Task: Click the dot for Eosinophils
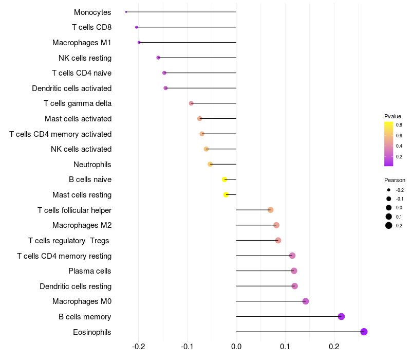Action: [x=364, y=332]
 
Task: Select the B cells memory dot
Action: [x=341, y=316]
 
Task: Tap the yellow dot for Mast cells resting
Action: [x=226, y=194]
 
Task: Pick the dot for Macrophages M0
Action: [x=306, y=301]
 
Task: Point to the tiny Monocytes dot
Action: [x=126, y=12]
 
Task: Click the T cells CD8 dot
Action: [x=136, y=27]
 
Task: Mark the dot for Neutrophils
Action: [x=210, y=164]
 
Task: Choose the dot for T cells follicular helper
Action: [x=271, y=210]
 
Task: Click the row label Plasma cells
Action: [x=90, y=271]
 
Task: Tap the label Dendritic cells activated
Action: [x=72, y=88]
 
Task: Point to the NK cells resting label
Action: [x=85, y=58]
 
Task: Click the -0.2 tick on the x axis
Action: [x=139, y=347]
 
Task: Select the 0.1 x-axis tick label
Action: [x=285, y=347]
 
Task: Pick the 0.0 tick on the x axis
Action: [x=236, y=347]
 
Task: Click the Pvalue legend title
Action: [x=393, y=116]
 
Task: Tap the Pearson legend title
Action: [x=395, y=180]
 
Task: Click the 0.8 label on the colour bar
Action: [x=399, y=124]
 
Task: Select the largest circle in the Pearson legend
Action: [x=389, y=225]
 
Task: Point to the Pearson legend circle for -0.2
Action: [x=389, y=190]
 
